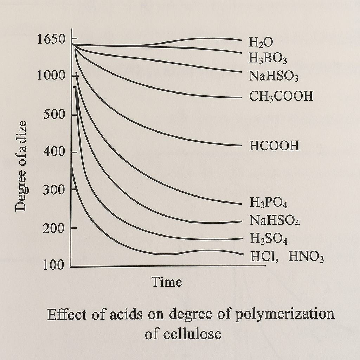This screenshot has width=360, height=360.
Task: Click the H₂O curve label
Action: [x=261, y=43]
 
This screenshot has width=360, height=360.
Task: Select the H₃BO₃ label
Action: [x=268, y=58]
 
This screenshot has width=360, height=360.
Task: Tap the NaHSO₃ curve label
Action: [x=274, y=76]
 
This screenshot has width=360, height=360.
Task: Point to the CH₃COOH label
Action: [x=281, y=96]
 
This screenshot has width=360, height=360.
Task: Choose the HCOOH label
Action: [x=274, y=146]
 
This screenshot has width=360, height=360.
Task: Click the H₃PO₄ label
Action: [x=269, y=203]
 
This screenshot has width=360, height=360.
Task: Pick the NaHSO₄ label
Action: [x=274, y=221]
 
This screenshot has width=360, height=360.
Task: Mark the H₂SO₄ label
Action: [x=269, y=239]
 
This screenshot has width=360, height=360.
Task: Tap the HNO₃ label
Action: [x=306, y=257]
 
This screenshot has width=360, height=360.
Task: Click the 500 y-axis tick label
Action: [x=54, y=115]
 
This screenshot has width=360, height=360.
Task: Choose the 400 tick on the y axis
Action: [x=54, y=152]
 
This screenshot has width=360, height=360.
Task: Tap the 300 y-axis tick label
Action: [x=54, y=190]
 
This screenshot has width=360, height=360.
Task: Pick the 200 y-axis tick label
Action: [x=54, y=229]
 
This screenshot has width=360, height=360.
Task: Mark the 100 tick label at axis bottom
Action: [x=54, y=265]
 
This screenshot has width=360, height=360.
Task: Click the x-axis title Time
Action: [x=167, y=282]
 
